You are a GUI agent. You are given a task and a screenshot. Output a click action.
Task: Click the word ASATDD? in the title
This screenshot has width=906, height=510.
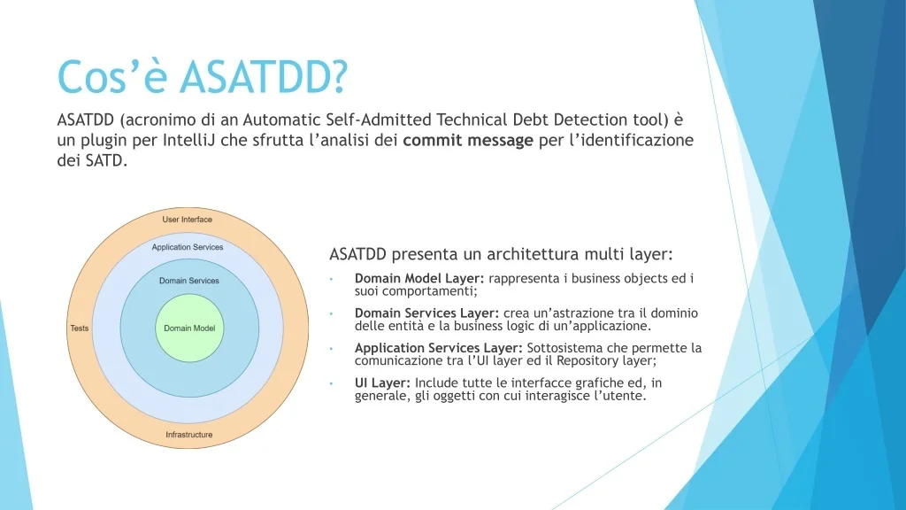pyautogui.click(x=263, y=76)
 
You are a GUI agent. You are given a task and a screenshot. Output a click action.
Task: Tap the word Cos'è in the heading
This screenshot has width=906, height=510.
pyautogui.click(x=112, y=76)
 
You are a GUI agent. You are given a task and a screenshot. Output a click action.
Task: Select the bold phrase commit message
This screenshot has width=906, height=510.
pyautogui.click(x=468, y=141)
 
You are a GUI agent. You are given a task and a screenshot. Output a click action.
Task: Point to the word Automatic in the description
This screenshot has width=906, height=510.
pyautogui.click(x=282, y=120)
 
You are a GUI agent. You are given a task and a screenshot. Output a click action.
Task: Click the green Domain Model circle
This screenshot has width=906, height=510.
pyautogui.click(x=189, y=328)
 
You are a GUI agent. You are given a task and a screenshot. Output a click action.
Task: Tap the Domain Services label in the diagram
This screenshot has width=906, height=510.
pyautogui.click(x=189, y=281)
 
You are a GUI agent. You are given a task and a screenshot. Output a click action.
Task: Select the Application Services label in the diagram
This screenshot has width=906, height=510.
pyautogui.click(x=188, y=247)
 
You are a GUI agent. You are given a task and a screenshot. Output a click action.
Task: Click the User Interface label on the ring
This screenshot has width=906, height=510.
pyautogui.click(x=188, y=220)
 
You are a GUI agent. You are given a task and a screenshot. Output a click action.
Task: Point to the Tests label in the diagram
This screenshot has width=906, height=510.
pyautogui.click(x=80, y=328)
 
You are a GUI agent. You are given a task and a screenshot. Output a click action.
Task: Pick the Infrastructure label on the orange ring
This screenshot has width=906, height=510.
pyautogui.click(x=189, y=434)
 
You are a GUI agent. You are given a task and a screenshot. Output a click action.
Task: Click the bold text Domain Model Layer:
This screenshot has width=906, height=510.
pyautogui.click(x=419, y=278)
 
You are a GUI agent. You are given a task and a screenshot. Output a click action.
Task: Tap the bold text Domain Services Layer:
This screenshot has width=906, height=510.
pyautogui.click(x=427, y=313)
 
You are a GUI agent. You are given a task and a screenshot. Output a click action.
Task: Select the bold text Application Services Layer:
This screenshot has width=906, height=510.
pyautogui.click(x=439, y=348)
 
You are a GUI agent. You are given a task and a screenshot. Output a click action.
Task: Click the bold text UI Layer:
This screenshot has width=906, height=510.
pyautogui.click(x=382, y=382)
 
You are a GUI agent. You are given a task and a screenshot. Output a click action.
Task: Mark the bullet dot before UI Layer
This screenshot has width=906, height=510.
pyautogui.click(x=331, y=383)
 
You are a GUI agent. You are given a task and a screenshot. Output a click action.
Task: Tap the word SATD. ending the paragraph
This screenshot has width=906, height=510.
pyautogui.click(x=106, y=161)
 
